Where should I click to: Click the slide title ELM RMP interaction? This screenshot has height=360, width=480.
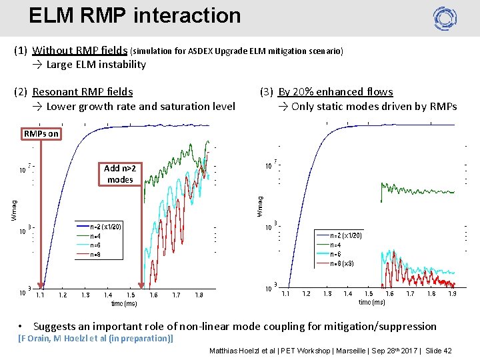135,15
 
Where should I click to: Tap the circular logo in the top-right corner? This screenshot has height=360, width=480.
445,17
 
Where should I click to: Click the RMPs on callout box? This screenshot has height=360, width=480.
41,134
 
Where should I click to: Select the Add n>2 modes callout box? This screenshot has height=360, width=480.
120,174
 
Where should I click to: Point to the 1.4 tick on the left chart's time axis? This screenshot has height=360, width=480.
108,295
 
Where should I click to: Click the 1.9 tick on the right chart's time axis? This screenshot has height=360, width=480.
452,293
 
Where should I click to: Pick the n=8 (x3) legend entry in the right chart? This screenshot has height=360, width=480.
346,263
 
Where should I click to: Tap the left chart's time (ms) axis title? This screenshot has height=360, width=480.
124,303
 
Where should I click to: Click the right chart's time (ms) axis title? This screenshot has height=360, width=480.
371,302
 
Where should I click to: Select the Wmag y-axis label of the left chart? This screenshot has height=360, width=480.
15,207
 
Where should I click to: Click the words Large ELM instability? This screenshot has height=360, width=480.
96,65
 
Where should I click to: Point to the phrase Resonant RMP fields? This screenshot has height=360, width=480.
82,92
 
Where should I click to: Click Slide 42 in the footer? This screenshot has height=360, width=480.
438,351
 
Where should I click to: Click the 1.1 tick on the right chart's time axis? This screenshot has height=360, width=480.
285,293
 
